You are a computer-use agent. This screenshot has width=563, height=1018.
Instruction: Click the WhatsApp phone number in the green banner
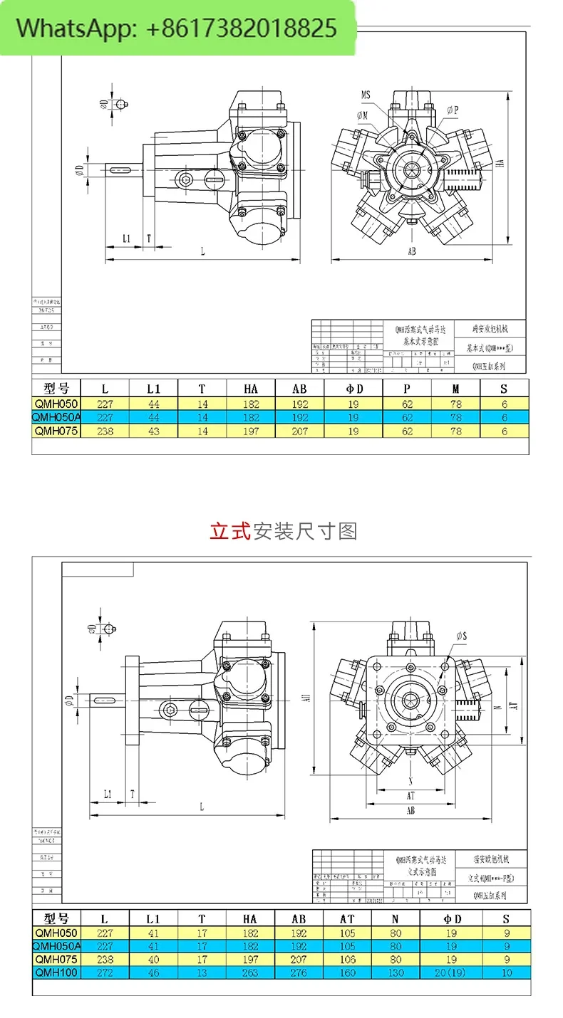pos(241,28)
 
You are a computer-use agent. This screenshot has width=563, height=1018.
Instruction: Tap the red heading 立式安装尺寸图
pos(283,531)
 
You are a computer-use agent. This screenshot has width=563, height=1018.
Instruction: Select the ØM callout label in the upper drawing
pos(362,114)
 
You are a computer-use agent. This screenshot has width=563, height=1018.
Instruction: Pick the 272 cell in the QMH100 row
pos(105,972)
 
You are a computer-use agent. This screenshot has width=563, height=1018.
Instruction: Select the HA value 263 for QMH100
pos(250,972)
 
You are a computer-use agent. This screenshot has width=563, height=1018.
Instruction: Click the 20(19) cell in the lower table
pos(451,972)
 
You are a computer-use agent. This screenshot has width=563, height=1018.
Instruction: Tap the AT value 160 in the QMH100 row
pos(347,972)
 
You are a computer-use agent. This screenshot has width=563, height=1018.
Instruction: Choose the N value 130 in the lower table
pos(396,972)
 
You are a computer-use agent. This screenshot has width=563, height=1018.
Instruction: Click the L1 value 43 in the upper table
pos(153,431)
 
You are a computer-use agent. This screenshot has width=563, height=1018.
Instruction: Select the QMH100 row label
pos(56,972)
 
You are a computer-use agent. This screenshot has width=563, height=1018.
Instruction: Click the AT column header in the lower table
pos(347,918)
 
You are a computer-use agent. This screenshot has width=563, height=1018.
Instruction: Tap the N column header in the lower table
pos(396,918)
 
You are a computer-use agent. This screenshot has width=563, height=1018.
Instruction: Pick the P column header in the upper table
pos(408,389)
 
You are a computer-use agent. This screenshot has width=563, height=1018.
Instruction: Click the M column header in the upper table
pos(456,389)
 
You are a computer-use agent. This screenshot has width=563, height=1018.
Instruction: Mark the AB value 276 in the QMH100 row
pos(299,972)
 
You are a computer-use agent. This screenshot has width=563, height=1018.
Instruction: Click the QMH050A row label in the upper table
pos(56,417)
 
